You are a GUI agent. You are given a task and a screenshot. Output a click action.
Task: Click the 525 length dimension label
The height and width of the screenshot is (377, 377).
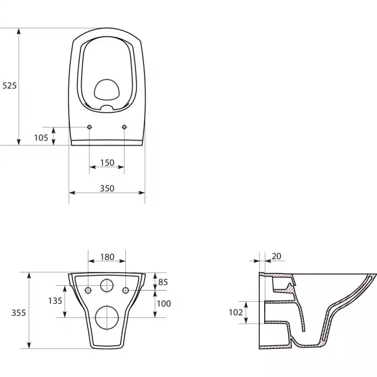pyautogui.click(x=10, y=86)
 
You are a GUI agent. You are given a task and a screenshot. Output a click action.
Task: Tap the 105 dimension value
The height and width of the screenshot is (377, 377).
pyautogui.click(x=41, y=138)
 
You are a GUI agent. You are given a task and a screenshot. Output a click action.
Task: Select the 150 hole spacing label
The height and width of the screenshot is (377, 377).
pyautogui.click(x=107, y=163)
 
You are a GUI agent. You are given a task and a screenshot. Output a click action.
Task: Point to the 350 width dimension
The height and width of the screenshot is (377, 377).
pyautogui.click(x=107, y=188)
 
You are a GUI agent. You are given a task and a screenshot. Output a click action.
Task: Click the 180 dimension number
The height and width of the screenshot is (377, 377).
pyautogui.click(x=107, y=257)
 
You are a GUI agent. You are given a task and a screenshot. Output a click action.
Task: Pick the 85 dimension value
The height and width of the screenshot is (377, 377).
pyautogui.click(x=163, y=282)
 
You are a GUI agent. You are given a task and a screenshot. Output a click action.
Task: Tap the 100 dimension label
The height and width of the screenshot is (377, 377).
pyautogui.click(x=164, y=304)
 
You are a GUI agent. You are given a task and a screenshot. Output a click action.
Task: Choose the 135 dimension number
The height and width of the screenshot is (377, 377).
pyautogui.click(x=55, y=301)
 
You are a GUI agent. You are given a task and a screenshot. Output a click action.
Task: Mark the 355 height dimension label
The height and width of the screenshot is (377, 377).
pyautogui.click(x=19, y=313)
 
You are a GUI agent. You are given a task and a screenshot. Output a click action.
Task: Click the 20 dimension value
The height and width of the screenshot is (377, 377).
pyautogui.click(x=277, y=256)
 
